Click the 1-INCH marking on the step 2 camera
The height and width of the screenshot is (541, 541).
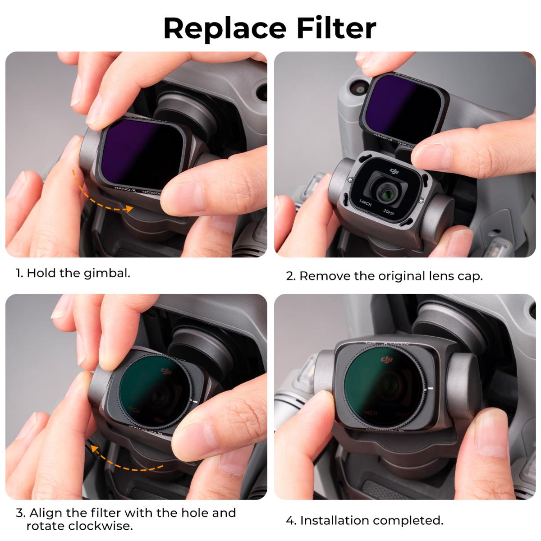click(365, 203)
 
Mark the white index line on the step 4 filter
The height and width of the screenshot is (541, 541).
click(430, 388)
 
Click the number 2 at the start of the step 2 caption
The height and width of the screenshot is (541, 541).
click(290, 276)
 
